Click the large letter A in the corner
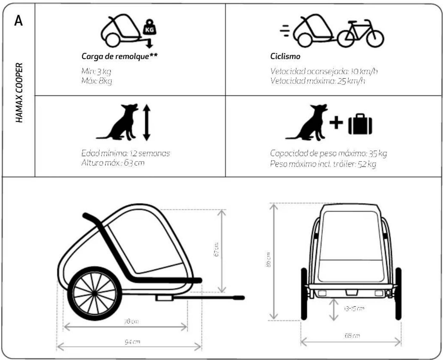pyautogui.click(x=19, y=21)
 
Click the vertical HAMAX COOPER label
pyautogui.click(x=19, y=92)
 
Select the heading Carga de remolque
pyautogui.click(x=119, y=56)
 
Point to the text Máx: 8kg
pyautogui.click(x=97, y=81)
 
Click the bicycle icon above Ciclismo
pyautogui.click(x=361, y=34)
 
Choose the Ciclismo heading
pyautogui.click(x=285, y=56)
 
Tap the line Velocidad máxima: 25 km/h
pyautogui.click(x=318, y=81)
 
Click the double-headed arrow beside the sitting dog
pyautogui.click(x=147, y=122)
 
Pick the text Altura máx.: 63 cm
pyautogui.click(x=113, y=163)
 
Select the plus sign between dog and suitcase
pyautogui.click(x=336, y=122)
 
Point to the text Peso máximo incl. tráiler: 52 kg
pyautogui.click(x=323, y=164)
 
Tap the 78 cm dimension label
pyautogui.click(x=131, y=321)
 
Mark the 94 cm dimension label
pyautogui.click(x=132, y=342)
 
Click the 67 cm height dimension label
pyautogui.click(x=217, y=249)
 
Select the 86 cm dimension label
pyautogui.click(x=268, y=260)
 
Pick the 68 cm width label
pyautogui.click(x=352, y=336)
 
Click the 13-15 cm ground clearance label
pyautogui.click(x=354, y=309)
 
